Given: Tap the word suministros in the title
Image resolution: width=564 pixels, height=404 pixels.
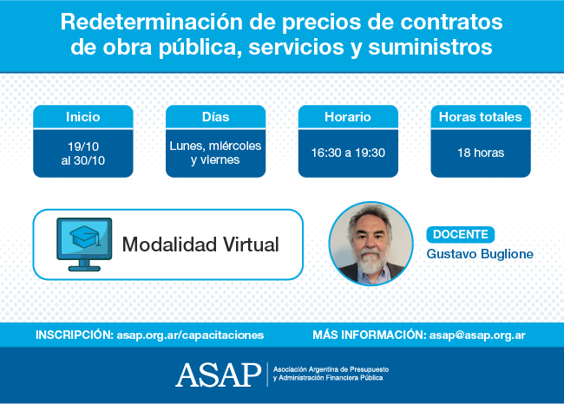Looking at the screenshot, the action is pos(430,47).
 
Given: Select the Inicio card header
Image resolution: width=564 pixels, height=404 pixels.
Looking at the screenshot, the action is pos(83,117).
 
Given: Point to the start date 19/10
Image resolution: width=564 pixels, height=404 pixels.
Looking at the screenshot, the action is pos(83,147).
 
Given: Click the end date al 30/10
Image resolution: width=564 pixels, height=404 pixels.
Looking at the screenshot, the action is pos(83,160).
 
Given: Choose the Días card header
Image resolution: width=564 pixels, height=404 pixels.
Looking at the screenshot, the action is pos(216,117).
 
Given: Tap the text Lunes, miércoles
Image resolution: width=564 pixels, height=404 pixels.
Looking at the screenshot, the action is pos(215,146).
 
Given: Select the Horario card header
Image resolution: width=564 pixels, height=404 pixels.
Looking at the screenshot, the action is pos(348,117).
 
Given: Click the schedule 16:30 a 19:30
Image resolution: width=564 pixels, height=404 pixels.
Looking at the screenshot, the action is pos(348,153).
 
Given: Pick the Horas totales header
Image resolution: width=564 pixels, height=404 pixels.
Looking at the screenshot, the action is pos(481,117).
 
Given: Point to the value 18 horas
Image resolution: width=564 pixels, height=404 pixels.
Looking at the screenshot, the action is pos(481,153).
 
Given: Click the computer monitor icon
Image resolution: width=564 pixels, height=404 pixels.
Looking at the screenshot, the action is pos(84,244).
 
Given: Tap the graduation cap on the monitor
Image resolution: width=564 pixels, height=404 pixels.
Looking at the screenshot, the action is pos(84,237).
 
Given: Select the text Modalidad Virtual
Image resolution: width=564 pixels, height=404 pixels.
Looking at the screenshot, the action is pos(200,244).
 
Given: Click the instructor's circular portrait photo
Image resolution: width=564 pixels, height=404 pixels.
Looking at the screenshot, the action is pos(371,244).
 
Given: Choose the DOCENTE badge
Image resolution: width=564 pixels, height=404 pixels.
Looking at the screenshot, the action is pos(461,234).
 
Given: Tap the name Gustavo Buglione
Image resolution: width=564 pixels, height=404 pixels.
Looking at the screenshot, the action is pos(480,254).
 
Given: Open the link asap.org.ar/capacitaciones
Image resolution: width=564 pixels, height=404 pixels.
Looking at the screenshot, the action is pos(190,335).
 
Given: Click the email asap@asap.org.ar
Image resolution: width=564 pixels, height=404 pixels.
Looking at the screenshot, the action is pos(477,335).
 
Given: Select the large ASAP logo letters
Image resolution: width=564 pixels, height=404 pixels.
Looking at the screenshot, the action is pos(219,375).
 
